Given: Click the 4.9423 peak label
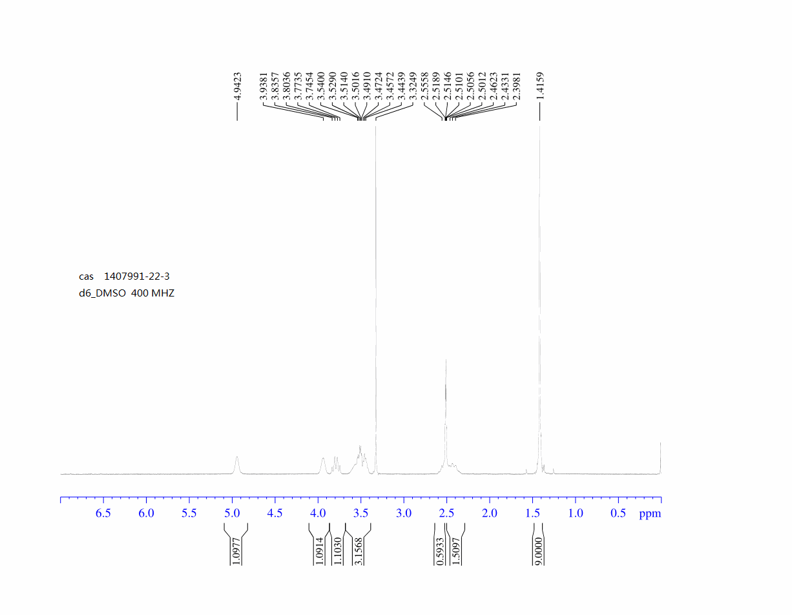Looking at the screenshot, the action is tap(237, 86).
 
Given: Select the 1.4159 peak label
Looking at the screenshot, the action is tap(540, 86).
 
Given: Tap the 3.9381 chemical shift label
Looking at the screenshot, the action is tap(264, 86).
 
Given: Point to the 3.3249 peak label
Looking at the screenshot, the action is tap(413, 86).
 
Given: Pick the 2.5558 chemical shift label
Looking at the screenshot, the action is tap(424, 86).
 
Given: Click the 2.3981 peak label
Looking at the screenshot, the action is tap(516, 86).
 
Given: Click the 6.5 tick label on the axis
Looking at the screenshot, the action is tap(103, 514).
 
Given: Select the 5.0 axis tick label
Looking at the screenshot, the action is tap(232, 514).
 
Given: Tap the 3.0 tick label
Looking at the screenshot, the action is tap(404, 514).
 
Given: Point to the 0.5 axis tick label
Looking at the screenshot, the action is tap(618, 514).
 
